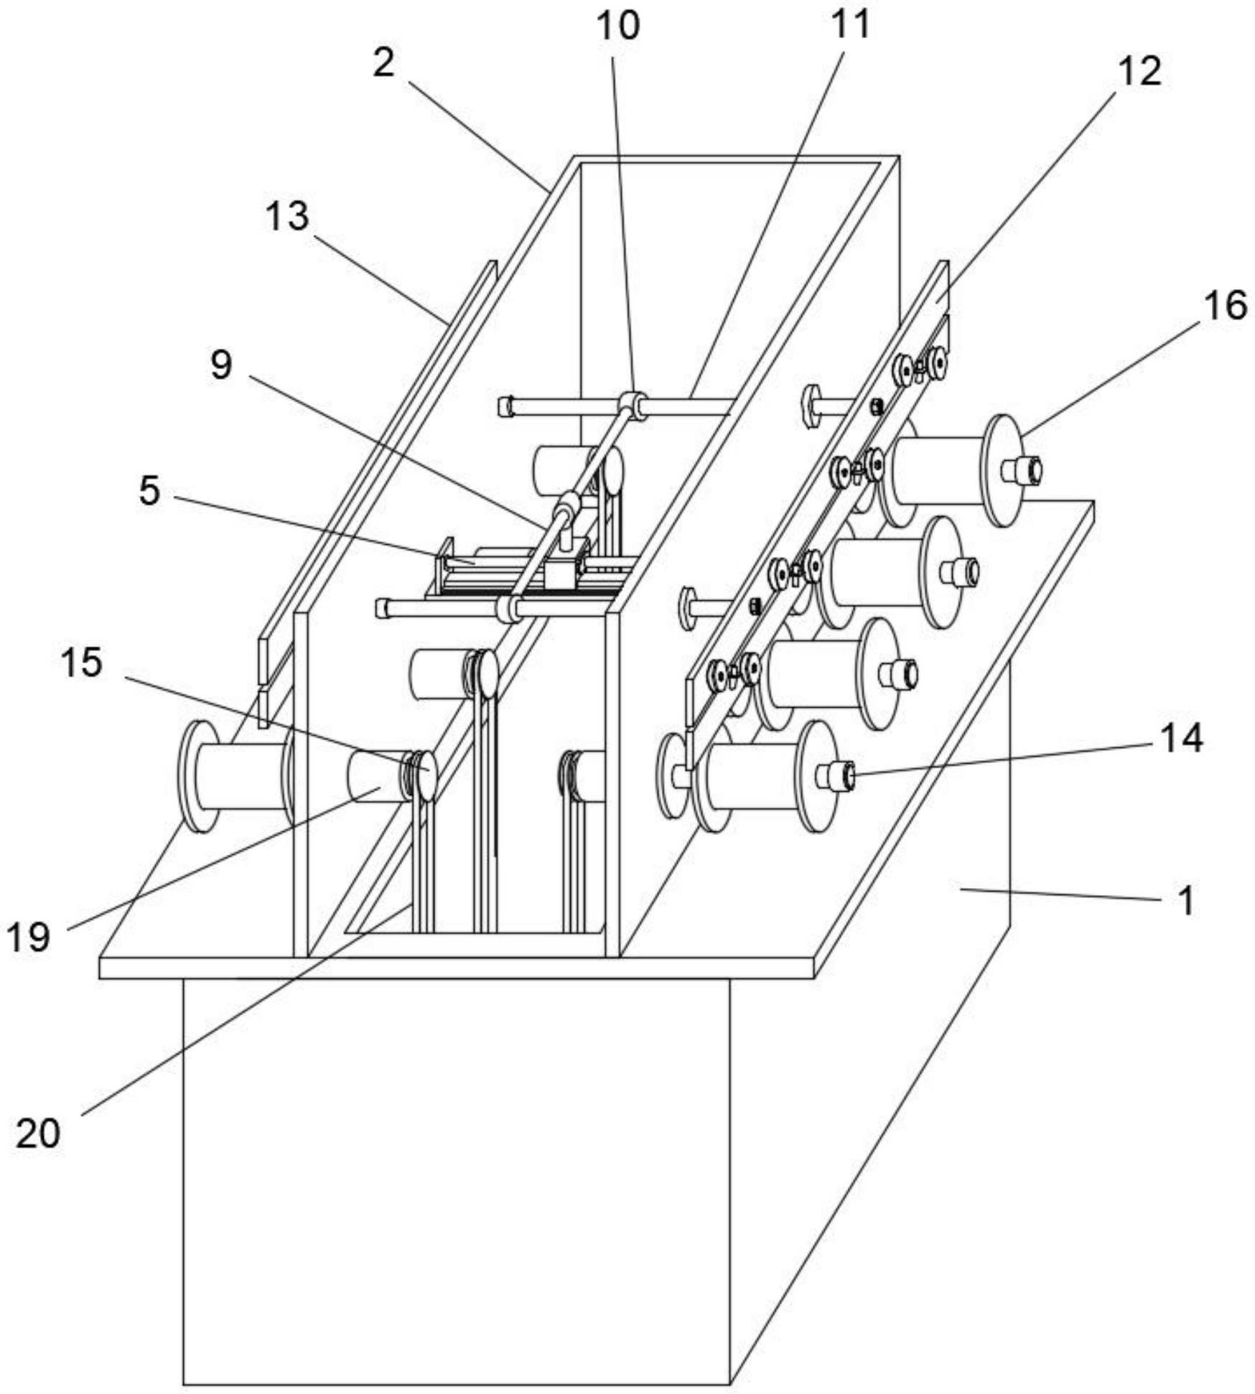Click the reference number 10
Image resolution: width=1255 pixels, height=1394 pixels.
[617, 26]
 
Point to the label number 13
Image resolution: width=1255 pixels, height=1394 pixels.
[287, 216]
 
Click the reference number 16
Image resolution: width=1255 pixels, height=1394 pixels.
[1226, 307]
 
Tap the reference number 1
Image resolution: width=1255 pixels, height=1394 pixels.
[1186, 900]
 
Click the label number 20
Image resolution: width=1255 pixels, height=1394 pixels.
[38, 1135]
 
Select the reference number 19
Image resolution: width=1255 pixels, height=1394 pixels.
[29, 937]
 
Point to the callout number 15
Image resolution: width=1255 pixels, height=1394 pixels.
[81, 663]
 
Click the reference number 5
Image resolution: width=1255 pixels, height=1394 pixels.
[149, 492]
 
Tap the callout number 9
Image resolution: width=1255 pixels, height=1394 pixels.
[221, 365]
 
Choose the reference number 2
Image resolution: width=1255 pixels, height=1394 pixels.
[384, 63]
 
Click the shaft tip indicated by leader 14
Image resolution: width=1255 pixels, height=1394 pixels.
[847, 776]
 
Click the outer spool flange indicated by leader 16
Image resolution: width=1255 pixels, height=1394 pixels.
[1004, 470]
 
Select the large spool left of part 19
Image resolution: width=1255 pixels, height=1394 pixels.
[237, 776]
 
